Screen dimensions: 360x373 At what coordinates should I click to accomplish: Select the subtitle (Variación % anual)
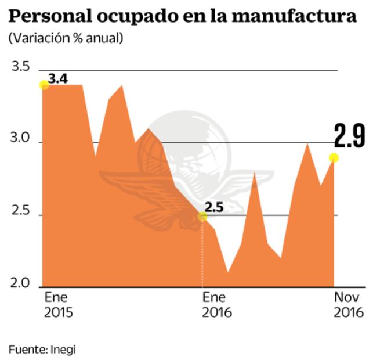click(x=65, y=38)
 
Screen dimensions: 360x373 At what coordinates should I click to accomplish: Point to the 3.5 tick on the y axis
click(x=20, y=67)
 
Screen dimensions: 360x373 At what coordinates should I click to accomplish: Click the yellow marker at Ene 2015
click(x=44, y=85)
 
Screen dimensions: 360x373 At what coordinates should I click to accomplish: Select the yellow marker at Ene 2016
click(x=202, y=217)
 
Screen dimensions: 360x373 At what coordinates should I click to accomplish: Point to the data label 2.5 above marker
click(x=213, y=206)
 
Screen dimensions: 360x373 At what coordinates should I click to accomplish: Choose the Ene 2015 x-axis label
click(x=58, y=305)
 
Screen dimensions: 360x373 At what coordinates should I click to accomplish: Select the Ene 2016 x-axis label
click(x=216, y=305)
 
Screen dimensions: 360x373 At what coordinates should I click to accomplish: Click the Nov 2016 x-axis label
click(x=348, y=305)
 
